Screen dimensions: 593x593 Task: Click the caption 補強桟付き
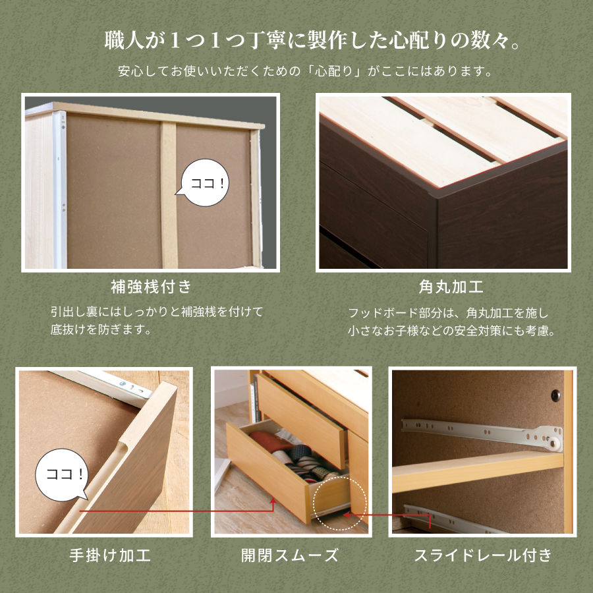point(151,287)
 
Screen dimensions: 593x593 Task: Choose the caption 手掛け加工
point(110,555)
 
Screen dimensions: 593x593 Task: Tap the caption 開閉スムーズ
point(290,555)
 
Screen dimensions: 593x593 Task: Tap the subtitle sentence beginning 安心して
point(296,71)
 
